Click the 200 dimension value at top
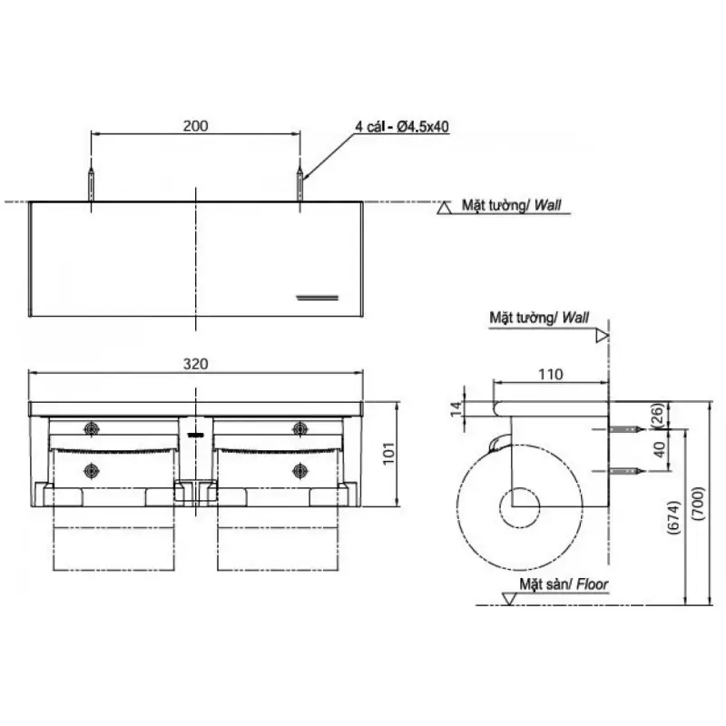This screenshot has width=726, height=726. [x=195, y=126]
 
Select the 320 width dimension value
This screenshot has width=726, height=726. [x=195, y=364]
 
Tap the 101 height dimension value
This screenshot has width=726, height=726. [x=388, y=453]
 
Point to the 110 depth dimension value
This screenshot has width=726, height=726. [x=551, y=374]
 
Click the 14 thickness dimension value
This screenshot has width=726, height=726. [x=456, y=408]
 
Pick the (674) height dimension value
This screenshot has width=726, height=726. [x=673, y=517]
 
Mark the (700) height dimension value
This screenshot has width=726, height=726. [x=698, y=503]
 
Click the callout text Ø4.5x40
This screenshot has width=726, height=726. [x=423, y=126]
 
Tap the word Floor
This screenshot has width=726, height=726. [x=593, y=584]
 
